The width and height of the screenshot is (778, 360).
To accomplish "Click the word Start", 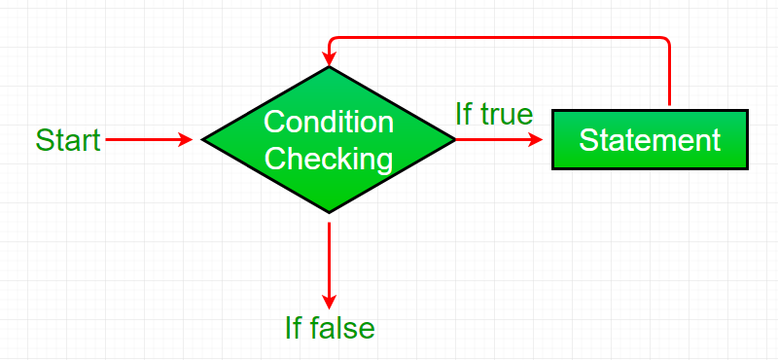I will click(68, 140).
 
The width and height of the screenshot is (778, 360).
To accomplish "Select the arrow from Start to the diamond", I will click(146, 140).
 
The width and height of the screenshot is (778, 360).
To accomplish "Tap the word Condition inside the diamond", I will click(329, 123).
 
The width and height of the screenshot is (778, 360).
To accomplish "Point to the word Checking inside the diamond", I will click(329, 158).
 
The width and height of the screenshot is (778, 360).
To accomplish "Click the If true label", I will click(494, 115).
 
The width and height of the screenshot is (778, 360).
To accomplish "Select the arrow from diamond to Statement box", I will click(496, 140).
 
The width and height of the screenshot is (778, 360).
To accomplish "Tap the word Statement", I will click(650, 140).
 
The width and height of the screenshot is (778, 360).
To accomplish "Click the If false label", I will click(330, 328).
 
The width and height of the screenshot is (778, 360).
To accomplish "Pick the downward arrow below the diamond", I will click(330, 258).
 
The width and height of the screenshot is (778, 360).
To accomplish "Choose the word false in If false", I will click(342, 328).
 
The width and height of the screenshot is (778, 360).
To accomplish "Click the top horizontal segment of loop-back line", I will click(496, 38).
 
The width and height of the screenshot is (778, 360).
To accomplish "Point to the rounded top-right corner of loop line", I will click(666, 41).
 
